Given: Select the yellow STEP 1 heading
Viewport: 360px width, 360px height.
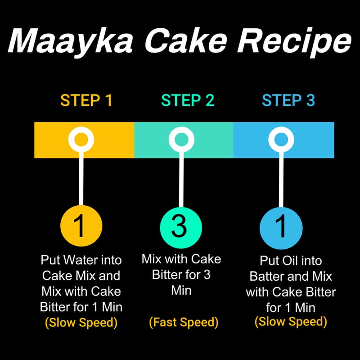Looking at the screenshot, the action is (x=86, y=100).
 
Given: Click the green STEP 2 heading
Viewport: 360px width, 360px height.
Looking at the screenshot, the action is (x=188, y=100).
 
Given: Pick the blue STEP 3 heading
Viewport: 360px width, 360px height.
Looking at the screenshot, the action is (x=288, y=100).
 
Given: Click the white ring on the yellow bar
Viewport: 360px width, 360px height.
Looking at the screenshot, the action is (x=81, y=131).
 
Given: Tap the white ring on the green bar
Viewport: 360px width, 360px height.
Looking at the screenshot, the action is (x=181, y=131).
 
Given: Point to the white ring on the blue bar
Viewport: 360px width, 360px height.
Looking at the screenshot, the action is (x=281, y=131).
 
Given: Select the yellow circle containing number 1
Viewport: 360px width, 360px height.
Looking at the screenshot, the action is (x=81, y=226).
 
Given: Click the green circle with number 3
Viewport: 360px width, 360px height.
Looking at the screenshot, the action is (x=181, y=228).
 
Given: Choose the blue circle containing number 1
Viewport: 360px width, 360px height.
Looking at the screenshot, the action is (x=281, y=228).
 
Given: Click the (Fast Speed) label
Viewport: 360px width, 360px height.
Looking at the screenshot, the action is (x=184, y=322).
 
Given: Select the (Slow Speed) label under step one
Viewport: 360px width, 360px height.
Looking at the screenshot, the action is (x=81, y=323).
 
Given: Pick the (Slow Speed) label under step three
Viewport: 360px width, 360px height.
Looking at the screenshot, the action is (x=291, y=321).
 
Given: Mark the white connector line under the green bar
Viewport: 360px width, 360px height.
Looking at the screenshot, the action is (x=181, y=180).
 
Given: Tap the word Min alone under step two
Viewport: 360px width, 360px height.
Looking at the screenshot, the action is (x=181, y=290).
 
